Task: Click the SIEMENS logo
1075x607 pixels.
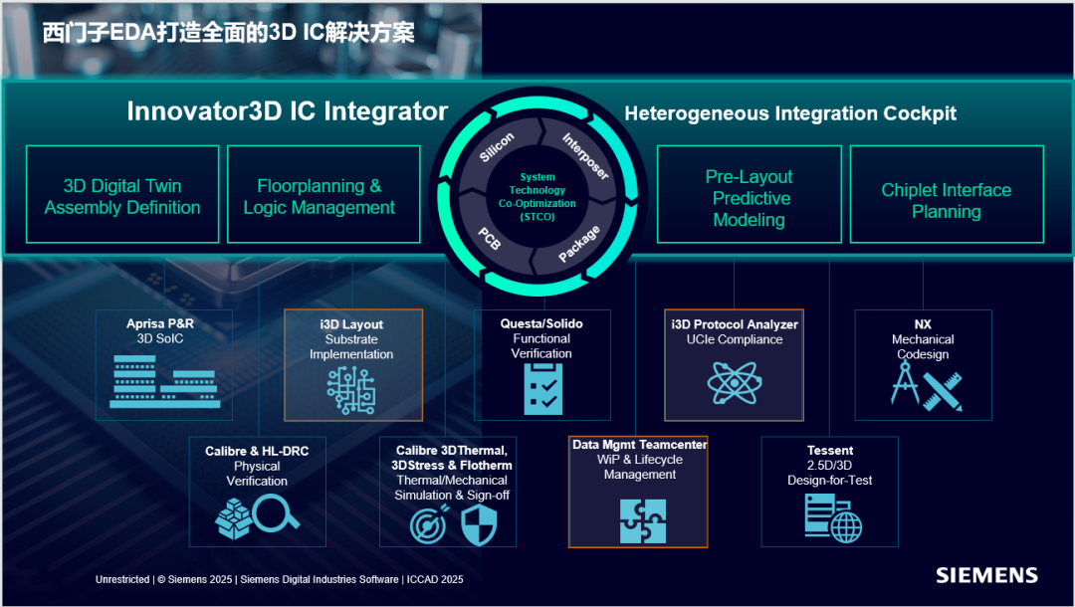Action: coord(986,575)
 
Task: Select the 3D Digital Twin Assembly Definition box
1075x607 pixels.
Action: coord(122,194)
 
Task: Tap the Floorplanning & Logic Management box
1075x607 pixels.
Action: coord(323,194)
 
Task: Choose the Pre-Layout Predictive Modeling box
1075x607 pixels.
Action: coord(750,194)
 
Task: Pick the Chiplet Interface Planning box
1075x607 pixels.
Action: coord(947,194)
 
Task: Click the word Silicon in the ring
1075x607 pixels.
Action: coord(497,147)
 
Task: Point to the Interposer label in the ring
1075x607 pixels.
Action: coord(585,156)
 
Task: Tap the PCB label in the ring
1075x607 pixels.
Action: coord(490,239)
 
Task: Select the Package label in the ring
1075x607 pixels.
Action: coord(579,243)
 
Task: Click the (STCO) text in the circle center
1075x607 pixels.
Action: coord(537,217)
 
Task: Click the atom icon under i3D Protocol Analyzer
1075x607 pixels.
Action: coord(735,382)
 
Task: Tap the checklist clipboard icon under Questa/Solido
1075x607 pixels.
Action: coord(543,388)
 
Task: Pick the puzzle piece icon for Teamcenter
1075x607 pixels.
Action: coord(642,520)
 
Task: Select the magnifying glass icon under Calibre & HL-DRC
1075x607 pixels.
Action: coord(276,511)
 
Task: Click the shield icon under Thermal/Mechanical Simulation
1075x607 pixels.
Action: coord(479,526)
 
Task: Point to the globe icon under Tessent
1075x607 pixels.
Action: coord(846,528)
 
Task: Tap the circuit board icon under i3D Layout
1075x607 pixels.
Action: coord(351,390)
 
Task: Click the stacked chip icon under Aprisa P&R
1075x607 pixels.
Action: coord(164,381)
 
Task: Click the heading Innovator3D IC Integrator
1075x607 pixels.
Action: coord(288,111)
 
